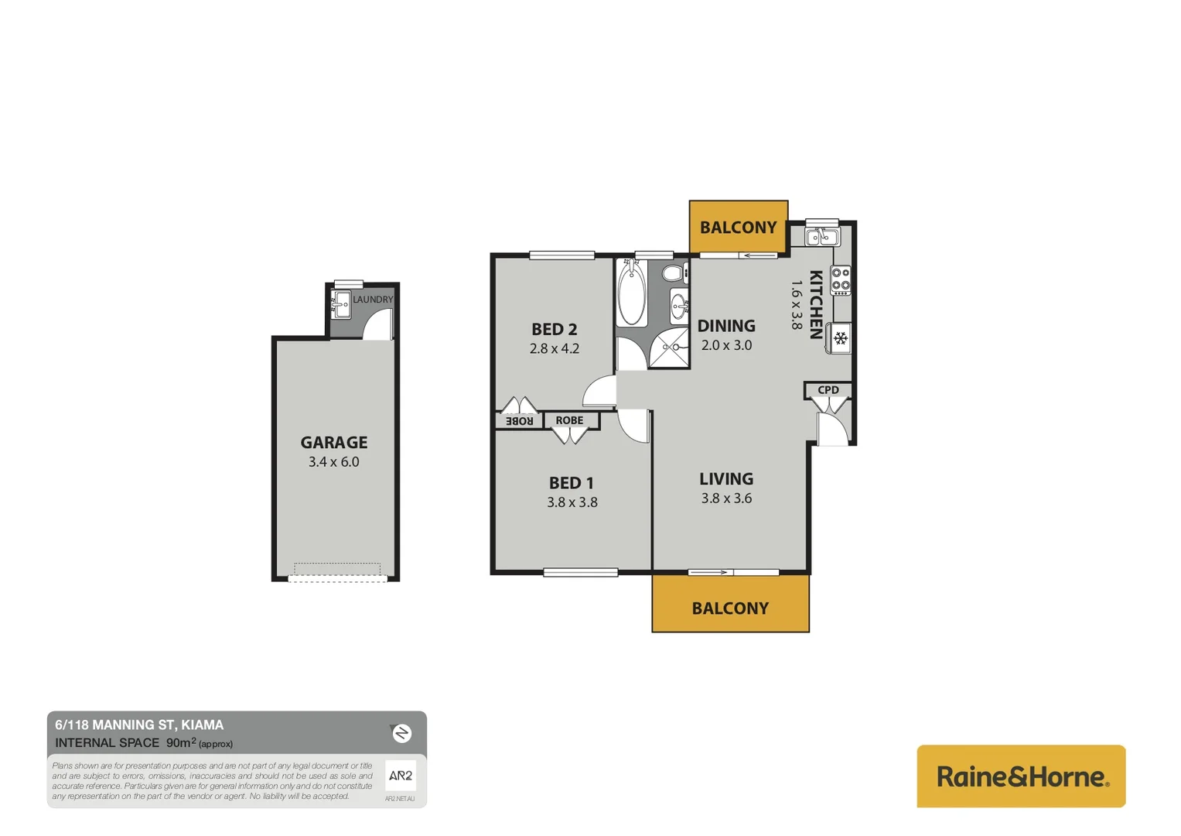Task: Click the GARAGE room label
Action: tap(333, 442)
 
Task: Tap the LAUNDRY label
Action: tap(373, 300)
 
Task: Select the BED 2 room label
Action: tap(554, 329)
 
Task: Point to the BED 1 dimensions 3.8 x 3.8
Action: tap(572, 502)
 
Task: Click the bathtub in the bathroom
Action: tap(632, 293)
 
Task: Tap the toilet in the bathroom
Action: tap(674, 272)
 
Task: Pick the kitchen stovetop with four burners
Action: tap(841, 280)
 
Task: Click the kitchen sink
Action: tap(821, 236)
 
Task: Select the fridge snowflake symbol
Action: tap(841, 338)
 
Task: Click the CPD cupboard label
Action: tap(828, 390)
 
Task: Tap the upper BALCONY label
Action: tap(738, 228)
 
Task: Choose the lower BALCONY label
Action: tap(730, 608)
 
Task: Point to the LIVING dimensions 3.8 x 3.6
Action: tap(726, 499)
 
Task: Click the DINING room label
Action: tap(726, 326)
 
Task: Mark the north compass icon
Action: tap(401, 733)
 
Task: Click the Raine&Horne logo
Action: tap(1021, 776)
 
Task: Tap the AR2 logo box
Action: tap(400, 776)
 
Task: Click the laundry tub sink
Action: tap(340, 305)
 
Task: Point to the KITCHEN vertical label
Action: tap(815, 304)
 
